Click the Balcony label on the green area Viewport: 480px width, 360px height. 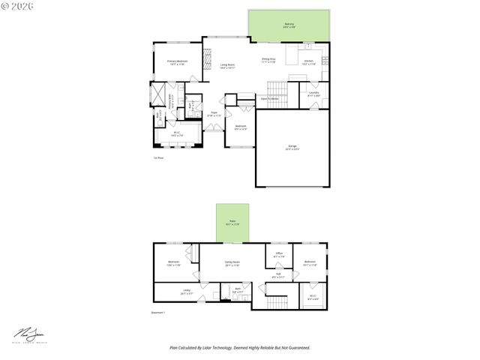pyautogui.click(x=289, y=25)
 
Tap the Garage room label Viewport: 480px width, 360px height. pyautogui.click(x=292, y=147)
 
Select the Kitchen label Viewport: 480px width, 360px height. pyautogui.click(x=308, y=61)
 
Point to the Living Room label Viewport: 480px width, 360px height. pyautogui.click(x=227, y=66)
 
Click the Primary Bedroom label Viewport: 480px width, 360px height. pyautogui.click(x=177, y=62)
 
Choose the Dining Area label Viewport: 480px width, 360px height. pyautogui.click(x=268, y=60)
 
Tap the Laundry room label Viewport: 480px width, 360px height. pyautogui.click(x=314, y=94)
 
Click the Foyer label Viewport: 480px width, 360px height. pyautogui.click(x=214, y=114)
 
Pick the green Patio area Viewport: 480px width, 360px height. pyautogui.click(x=232, y=223)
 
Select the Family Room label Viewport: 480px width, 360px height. pyautogui.click(x=232, y=263)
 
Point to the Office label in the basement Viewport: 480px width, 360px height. pyautogui.click(x=278, y=254)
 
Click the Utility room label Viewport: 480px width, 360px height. pyautogui.click(x=187, y=292)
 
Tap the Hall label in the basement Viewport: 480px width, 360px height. pyautogui.click(x=277, y=275)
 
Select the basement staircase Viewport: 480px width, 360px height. pyautogui.click(x=277, y=301)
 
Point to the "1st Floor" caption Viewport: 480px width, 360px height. pyautogui.click(x=158, y=157)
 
